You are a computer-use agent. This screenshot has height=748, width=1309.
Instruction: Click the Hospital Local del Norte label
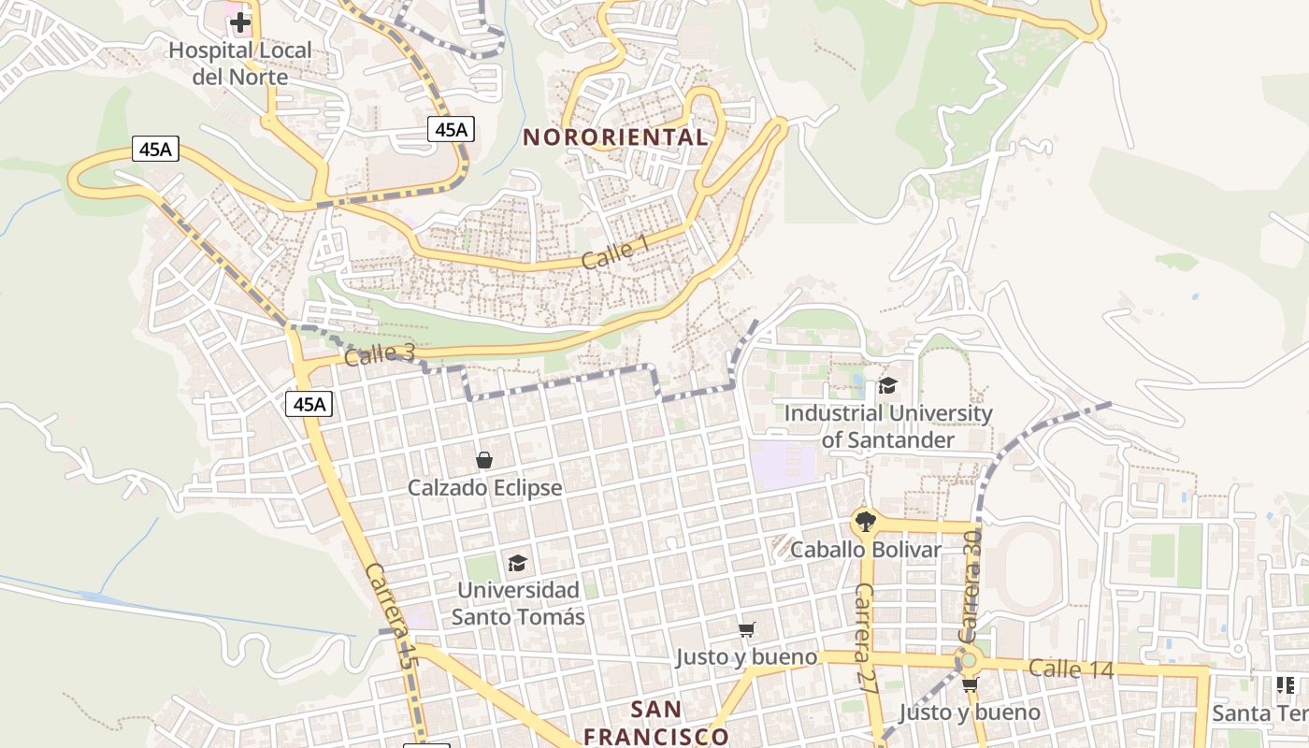pyautogui.click(x=239, y=64)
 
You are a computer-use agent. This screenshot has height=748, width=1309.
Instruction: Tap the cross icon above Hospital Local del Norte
pyautogui.click(x=240, y=22)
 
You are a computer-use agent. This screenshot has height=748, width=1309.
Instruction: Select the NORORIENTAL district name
pyautogui.click(x=615, y=137)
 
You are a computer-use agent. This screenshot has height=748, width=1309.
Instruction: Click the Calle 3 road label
pyautogui.click(x=379, y=354)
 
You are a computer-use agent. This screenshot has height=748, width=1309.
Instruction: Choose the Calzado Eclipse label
pyautogui.click(x=484, y=488)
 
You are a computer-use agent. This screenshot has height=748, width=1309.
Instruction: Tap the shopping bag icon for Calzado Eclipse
pyautogui.click(x=484, y=460)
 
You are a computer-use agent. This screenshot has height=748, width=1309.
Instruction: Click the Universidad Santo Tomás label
pyautogui.click(x=518, y=603)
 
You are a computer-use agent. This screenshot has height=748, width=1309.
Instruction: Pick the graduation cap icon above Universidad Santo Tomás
pyautogui.click(x=517, y=563)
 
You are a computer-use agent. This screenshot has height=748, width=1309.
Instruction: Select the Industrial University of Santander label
pyautogui.click(x=887, y=425)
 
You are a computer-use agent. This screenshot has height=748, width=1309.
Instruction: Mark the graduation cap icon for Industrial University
pyautogui.click(x=887, y=385)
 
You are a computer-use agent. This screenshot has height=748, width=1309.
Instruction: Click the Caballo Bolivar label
pyautogui.click(x=866, y=550)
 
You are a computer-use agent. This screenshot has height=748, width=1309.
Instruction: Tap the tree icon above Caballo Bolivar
pyautogui.click(x=866, y=522)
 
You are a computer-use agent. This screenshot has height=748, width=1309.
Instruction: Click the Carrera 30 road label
pyautogui.click(x=970, y=585)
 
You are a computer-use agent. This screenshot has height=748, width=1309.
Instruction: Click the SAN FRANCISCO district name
pyautogui.click(x=655, y=722)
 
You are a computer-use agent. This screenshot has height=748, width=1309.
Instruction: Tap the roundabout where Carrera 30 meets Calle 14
pyautogui.click(x=969, y=661)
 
